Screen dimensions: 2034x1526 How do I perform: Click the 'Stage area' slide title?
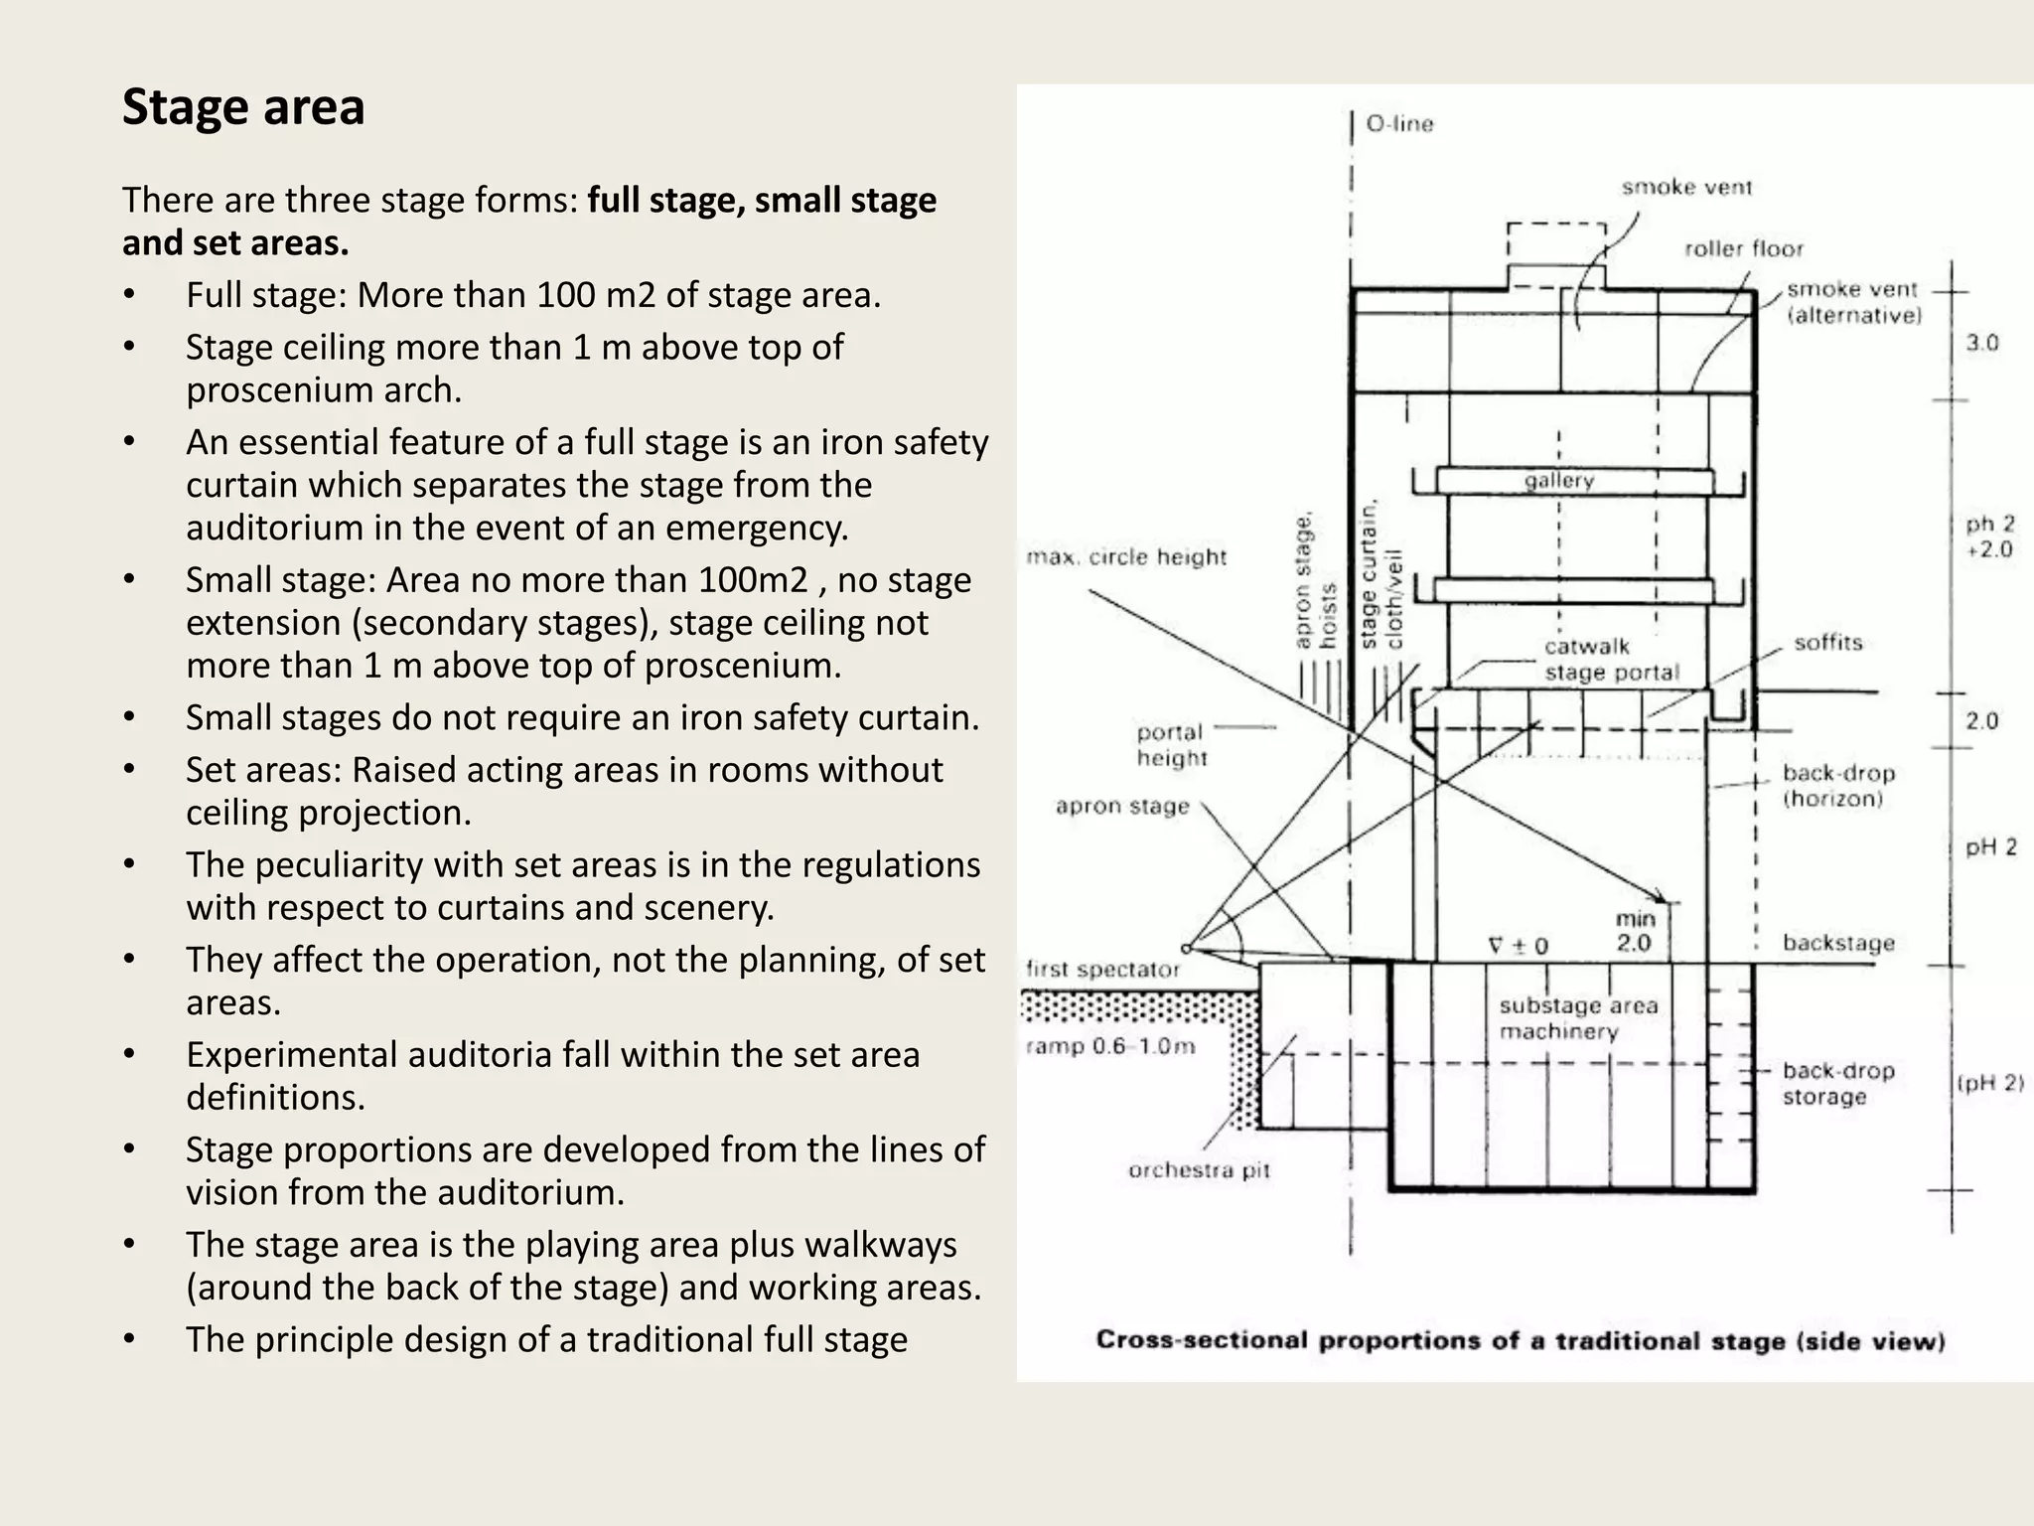click(x=243, y=107)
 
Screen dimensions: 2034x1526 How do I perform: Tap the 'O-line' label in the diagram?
click(x=1399, y=124)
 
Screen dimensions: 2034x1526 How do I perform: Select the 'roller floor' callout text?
click(x=1743, y=248)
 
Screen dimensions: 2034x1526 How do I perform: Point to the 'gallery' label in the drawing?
click(x=1559, y=481)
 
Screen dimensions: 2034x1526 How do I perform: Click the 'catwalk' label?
click(x=1587, y=647)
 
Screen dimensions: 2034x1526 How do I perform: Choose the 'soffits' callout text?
click(x=1827, y=643)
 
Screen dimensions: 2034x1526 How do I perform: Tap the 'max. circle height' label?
click(x=1126, y=557)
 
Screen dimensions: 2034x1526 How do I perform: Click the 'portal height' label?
click(x=1171, y=745)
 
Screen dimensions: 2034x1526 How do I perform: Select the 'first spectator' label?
click(x=1102, y=970)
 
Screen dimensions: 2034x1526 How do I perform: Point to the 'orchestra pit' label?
click(x=1199, y=1170)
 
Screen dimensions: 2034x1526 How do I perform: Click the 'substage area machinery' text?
click(x=1578, y=1018)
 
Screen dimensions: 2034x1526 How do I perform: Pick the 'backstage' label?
click(x=1838, y=943)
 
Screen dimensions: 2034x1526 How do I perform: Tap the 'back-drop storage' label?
click(x=1837, y=1084)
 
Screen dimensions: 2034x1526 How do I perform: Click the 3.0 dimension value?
click(x=1981, y=344)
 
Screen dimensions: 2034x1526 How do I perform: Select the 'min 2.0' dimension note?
click(x=1634, y=931)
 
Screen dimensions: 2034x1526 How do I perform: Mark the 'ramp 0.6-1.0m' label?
click(x=1110, y=1046)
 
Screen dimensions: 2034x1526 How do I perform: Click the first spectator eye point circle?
click(x=1186, y=948)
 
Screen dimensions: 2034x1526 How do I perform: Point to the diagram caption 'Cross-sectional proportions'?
click(x=1520, y=1341)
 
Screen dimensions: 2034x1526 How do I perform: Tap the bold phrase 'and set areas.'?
click(x=235, y=243)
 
